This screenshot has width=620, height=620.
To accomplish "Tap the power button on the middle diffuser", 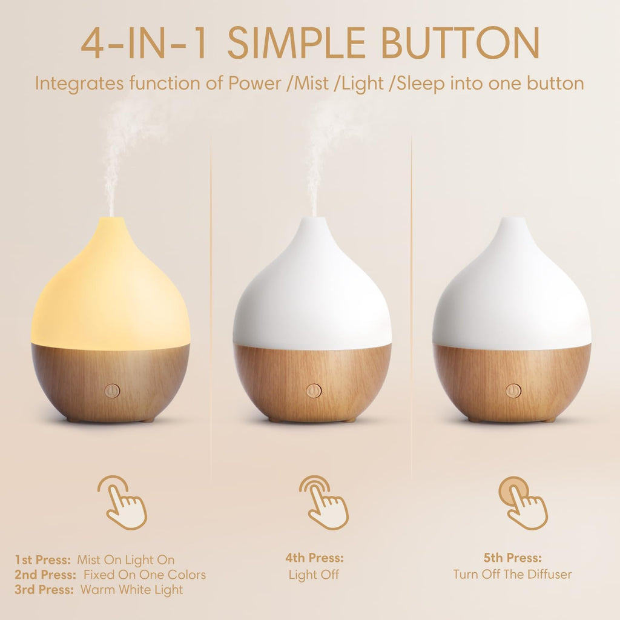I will (x=313, y=391).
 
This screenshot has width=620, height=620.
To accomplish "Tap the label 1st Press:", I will (x=43, y=560).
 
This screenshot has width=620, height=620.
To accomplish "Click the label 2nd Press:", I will (x=45, y=575).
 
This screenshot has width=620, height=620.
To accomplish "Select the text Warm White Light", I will (x=133, y=589).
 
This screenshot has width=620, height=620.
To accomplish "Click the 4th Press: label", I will (x=314, y=558).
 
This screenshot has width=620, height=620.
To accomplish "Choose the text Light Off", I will (x=314, y=575).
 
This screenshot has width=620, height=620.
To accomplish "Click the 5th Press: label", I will (x=512, y=558).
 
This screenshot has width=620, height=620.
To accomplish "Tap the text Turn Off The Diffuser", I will (x=512, y=575).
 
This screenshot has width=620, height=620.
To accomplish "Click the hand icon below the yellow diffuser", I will (x=123, y=503).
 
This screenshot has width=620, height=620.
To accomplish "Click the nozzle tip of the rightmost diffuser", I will (x=512, y=220).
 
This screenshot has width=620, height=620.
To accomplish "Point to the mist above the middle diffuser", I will (x=321, y=151).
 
